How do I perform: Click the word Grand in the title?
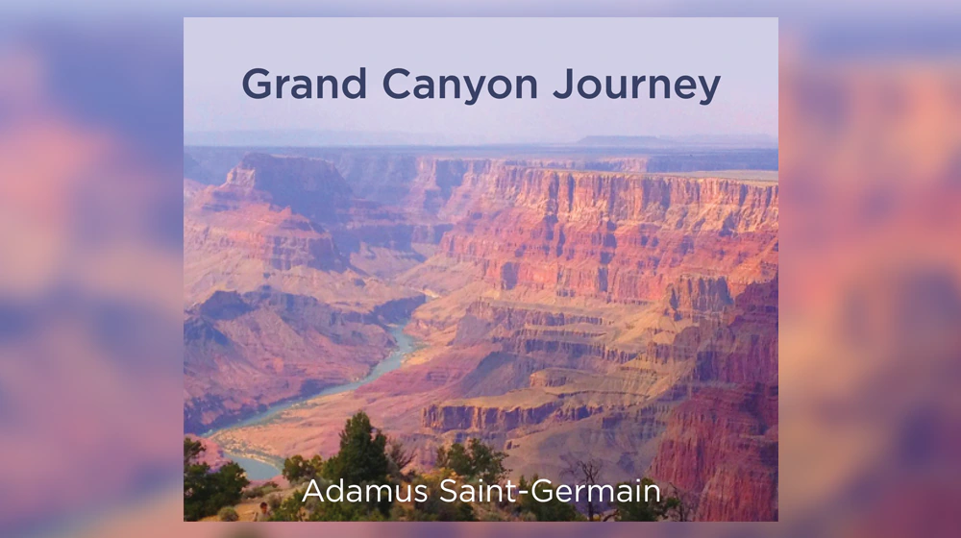click(304, 84)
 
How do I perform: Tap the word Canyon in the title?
click(459, 86)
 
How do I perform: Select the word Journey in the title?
click(637, 86)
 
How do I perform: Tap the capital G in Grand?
click(258, 84)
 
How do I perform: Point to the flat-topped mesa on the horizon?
click(619, 140)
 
